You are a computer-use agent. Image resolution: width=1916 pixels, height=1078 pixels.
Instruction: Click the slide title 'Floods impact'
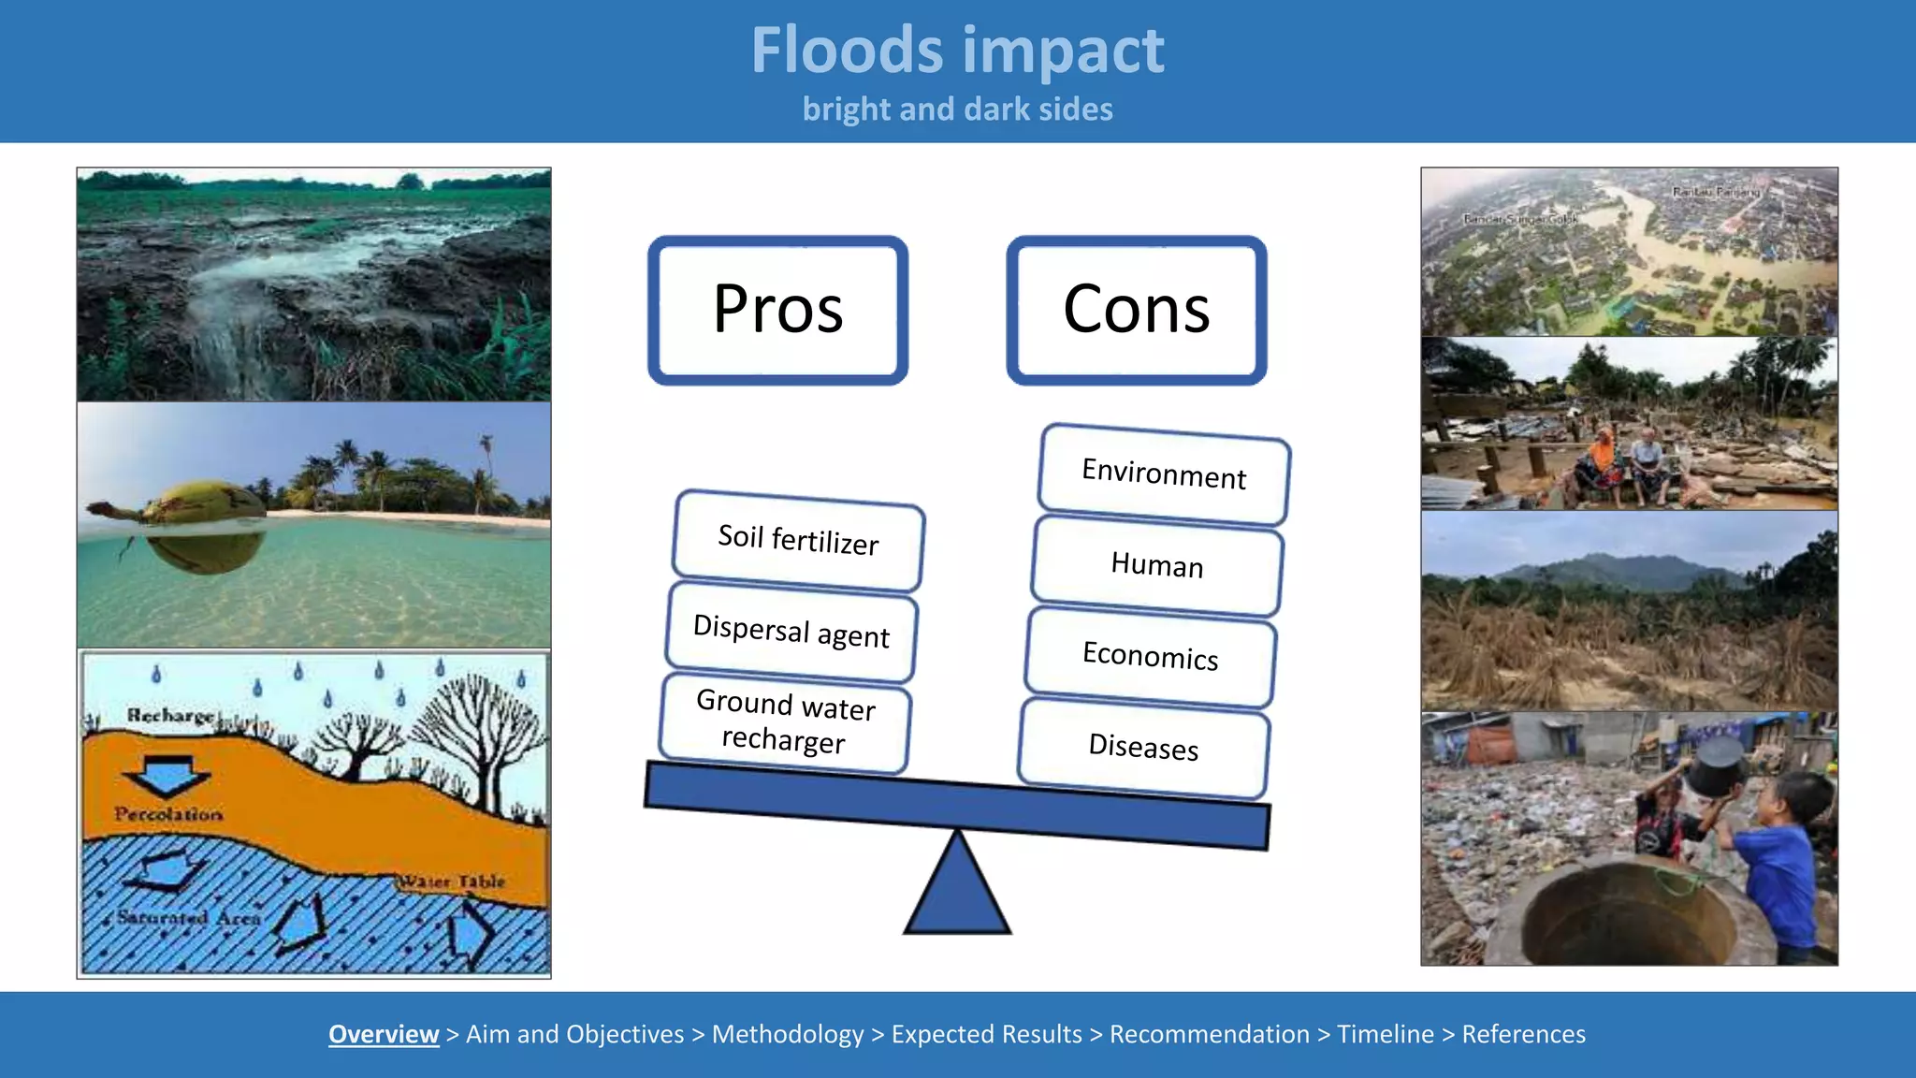click(x=957, y=51)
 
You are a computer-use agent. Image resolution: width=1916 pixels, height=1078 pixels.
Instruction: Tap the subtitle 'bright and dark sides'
click(x=957, y=109)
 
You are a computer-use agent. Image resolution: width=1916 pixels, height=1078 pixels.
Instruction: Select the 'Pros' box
click(x=777, y=310)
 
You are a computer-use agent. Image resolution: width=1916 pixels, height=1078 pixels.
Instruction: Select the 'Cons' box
click(x=1136, y=310)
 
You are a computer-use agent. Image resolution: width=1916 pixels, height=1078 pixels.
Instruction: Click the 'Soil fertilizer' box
click(x=798, y=540)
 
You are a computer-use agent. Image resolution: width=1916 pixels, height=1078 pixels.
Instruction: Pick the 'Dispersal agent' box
click(x=791, y=632)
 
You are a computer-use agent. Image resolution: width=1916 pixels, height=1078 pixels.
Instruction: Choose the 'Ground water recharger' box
click(x=785, y=721)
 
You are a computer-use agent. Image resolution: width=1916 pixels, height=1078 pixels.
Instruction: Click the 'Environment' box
click(x=1164, y=473)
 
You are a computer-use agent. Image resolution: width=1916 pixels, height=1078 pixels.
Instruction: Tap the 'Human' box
click(x=1157, y=565)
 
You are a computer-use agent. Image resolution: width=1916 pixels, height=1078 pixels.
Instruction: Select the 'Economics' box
click(x=1150, y=656)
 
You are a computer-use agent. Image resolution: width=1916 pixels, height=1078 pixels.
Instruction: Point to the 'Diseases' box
click(x=1143, y=747)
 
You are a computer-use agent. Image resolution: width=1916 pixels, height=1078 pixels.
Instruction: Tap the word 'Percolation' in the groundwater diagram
click(x=168, y=814)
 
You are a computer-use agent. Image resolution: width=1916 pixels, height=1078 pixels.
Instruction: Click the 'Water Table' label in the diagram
click(x=453, y=881)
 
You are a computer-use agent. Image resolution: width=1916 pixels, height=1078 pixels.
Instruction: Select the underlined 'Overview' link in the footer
click(x=384, y=1034)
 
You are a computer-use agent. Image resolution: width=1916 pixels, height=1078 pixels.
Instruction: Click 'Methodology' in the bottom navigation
click(x=788, y=1034)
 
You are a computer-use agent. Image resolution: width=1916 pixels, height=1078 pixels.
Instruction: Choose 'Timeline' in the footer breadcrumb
click(x=1385, y=1034)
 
